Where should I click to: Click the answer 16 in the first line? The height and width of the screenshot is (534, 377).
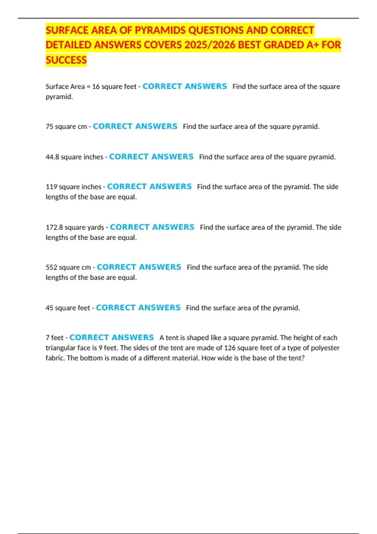click(96, 87)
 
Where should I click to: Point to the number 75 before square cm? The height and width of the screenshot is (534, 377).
click(49, 127)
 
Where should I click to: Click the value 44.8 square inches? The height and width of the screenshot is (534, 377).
click(52, 157)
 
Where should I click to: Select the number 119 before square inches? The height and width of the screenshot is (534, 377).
click(51, 187)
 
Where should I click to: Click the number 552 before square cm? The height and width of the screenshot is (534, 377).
click(51, 267)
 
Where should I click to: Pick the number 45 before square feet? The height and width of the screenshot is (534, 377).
click(49, 308)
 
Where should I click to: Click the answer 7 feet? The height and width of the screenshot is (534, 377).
click(54, 338)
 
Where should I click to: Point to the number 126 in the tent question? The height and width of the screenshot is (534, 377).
click(230, 348)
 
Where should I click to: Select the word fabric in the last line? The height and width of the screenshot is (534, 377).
click(55, 358)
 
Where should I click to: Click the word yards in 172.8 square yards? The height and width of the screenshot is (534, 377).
click(96, 227)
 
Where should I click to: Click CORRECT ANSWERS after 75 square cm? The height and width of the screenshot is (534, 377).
click(135, 126)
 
